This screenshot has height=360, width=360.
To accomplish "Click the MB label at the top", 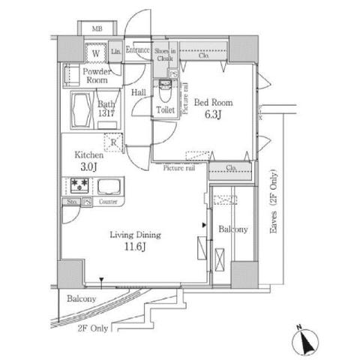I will pos(97,29).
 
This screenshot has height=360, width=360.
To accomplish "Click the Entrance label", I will pos(137,50).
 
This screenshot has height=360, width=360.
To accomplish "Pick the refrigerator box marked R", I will pos(113,142).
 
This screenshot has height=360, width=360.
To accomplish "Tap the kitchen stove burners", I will pos(76,185).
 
